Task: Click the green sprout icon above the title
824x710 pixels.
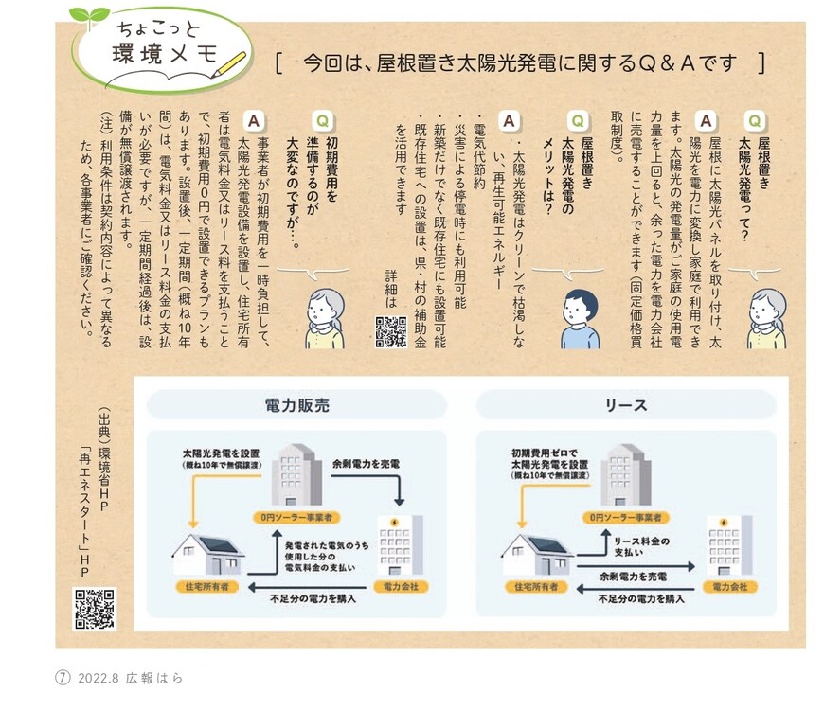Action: pos(89,16)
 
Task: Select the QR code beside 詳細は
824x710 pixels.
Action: pos(390,331)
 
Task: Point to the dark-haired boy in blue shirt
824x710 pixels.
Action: pos(580,319)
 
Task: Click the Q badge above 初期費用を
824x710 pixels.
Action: pos(323,120)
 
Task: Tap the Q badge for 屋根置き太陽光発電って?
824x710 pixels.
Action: pos(755,120)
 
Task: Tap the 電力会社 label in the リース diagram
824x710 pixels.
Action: pos(730,587)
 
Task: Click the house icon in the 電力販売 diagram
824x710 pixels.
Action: pos(206,553)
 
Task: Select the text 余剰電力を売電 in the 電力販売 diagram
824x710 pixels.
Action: pos(367,464)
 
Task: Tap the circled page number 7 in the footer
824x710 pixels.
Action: pos(63,678)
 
